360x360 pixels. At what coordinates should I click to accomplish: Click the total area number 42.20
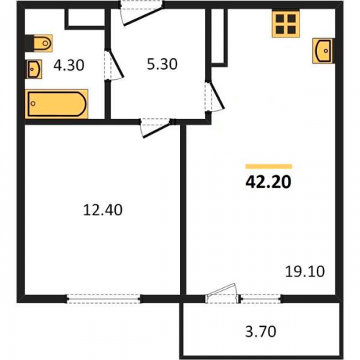(x=269, y=181)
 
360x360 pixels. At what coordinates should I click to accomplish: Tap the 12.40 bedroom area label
(x=103, y=210)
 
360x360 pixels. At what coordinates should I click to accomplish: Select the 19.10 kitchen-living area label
(x=305, y=271)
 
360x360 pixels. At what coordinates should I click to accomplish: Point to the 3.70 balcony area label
(x=261, y=331)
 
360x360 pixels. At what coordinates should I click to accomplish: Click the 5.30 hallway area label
(x=162, y=64)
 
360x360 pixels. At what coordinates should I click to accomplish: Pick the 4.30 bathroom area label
(x=68, y=66)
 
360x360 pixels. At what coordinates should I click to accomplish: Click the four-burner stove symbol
(x=286, y=24)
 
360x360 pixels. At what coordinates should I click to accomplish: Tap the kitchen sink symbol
(x=323, y=51)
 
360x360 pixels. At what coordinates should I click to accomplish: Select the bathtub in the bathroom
(x=57, y=104)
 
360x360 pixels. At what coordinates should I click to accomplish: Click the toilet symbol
(x=39, y=43)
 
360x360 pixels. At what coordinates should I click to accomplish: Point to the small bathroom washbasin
(x=34, y=69)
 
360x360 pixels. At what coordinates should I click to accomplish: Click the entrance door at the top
(x=142, y=13)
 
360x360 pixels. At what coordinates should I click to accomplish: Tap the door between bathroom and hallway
(x=114, y=64)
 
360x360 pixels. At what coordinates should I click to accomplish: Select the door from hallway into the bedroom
(x=156, y=128)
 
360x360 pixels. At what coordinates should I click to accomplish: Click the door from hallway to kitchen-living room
(x=215, y=96)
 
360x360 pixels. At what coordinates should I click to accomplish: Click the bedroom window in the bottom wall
(x=103, y=299)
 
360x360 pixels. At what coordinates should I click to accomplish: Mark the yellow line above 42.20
(x=269, y=166)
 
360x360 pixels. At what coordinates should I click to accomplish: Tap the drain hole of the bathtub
(x=33, y=104)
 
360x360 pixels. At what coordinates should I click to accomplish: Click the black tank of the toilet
(x=30, y=43)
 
